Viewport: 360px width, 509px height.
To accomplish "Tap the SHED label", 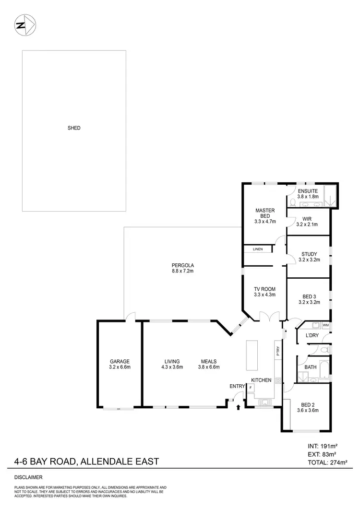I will [x=74, y=128].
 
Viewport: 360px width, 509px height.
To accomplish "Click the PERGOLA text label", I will [x=182, y=265].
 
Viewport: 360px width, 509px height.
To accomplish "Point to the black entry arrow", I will [x=239, y=407].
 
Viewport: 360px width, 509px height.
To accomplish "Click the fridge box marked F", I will [x=251, y=387].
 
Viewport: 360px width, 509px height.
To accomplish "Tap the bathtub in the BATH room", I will [x=324, y=368].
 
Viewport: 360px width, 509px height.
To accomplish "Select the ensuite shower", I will [x=331, y=195].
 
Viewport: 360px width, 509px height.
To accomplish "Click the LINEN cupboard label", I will [x=258, y=249].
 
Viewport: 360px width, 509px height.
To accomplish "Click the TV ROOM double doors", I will [x=265, y=316].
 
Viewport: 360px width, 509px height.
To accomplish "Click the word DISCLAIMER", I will [x=28, y=478].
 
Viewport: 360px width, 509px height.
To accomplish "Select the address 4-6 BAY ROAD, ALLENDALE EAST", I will [x=86, y=462].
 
